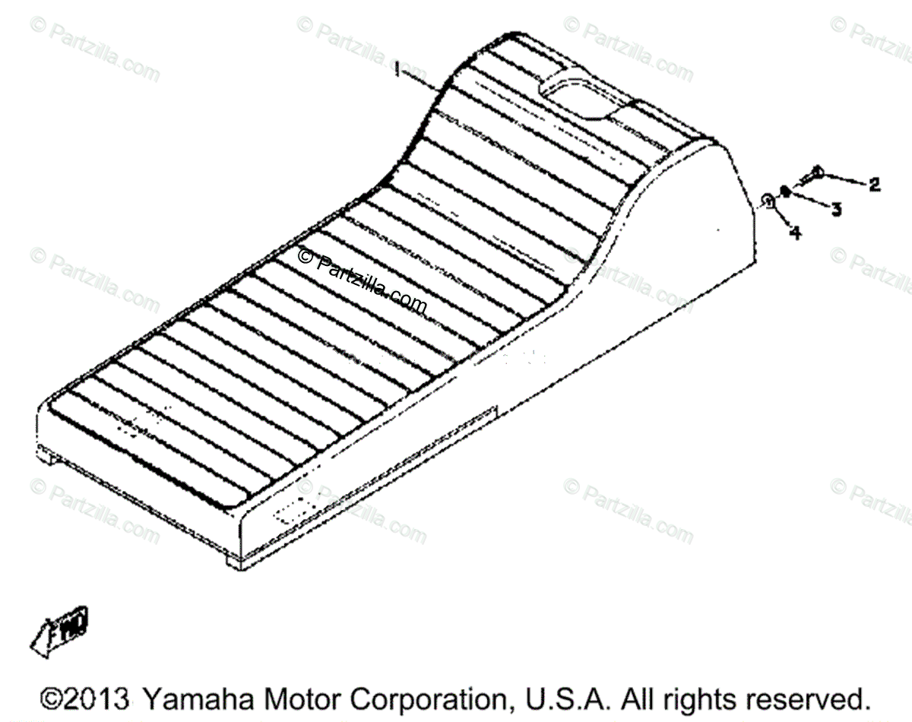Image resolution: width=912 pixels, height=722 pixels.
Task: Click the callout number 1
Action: [x=397, y=70]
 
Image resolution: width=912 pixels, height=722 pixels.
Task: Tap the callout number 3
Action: [x=835, y=209]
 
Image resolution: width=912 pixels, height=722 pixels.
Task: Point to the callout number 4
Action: [x=795, y=233]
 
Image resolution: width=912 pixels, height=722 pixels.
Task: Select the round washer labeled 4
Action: [x=768, y=201]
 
